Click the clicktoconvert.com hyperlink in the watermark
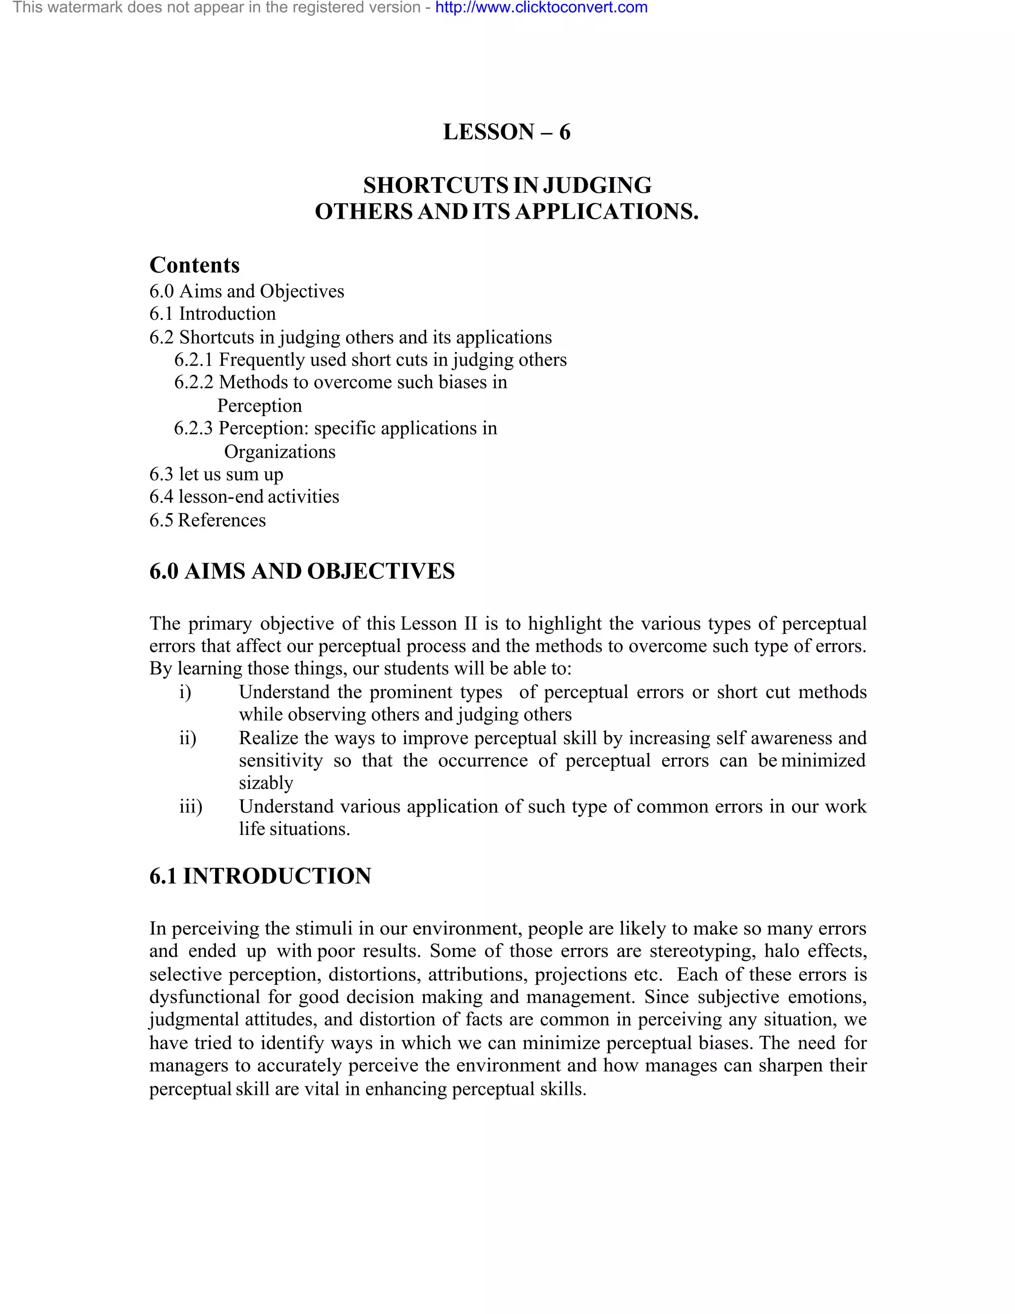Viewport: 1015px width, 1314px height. pos(541,8)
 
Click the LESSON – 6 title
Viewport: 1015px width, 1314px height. pos(507,132)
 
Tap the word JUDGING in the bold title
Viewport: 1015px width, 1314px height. pos(597,185)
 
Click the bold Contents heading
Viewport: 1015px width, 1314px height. pos(194,265)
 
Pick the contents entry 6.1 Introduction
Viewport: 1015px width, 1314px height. pos(212,313)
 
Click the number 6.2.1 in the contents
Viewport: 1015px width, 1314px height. pos(194,360)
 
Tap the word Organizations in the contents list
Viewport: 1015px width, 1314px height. pos(280,451)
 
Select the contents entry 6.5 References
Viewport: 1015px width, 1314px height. pos(208,520)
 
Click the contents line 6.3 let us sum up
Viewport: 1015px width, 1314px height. pos(216,474)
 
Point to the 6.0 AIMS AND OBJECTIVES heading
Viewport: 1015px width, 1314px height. pos(302,571)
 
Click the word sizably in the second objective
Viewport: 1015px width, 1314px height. pos(266,783)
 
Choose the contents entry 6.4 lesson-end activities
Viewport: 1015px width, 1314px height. pos(244,496)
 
